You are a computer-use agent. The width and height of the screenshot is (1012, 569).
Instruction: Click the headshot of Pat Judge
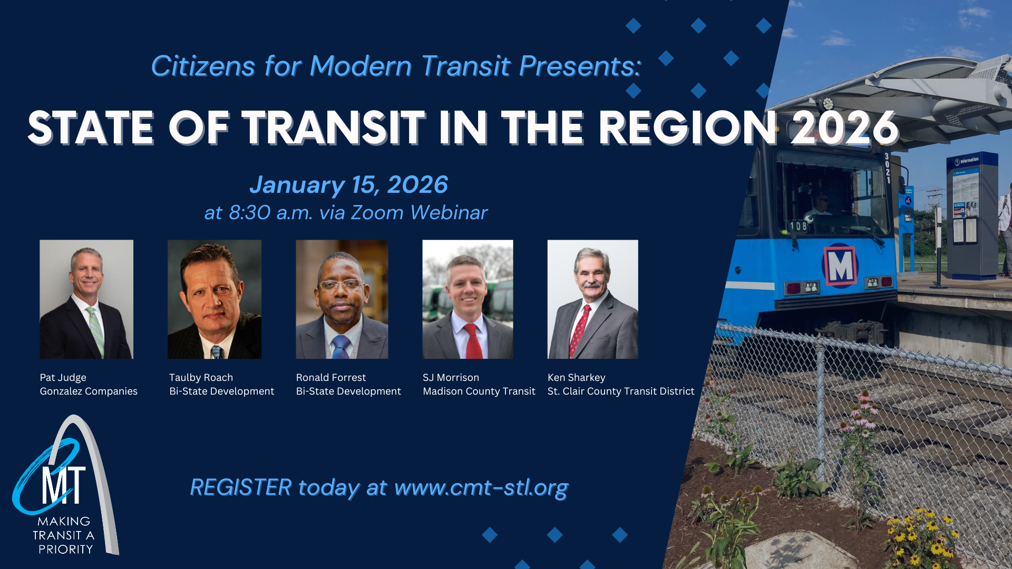(86, 299)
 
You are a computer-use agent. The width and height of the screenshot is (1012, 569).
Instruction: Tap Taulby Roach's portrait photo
(214, 299)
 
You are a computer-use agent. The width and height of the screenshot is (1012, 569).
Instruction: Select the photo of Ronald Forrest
(342, 299)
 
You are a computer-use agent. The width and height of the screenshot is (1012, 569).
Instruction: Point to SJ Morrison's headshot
(468, 299)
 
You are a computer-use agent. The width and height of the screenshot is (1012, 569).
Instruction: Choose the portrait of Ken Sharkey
(592, 299)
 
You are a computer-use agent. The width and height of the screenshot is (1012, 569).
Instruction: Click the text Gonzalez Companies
(89, 391)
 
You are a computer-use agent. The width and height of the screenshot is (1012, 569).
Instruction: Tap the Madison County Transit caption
(479, 391)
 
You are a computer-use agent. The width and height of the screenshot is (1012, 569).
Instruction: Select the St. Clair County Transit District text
(620, 391)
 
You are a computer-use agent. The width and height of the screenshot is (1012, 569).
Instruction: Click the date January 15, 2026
(348, 185)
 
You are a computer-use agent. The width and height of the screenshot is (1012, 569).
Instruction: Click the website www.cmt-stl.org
(481, 488)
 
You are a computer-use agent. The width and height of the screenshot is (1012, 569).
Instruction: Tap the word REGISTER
(240, 488)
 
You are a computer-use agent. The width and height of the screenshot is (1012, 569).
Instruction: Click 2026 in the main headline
(844, 128)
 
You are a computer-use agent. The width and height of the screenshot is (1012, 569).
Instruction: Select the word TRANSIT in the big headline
(333, 128)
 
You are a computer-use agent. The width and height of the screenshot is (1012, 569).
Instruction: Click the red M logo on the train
(840, 266)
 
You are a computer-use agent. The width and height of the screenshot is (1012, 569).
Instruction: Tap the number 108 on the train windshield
(798, 226)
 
